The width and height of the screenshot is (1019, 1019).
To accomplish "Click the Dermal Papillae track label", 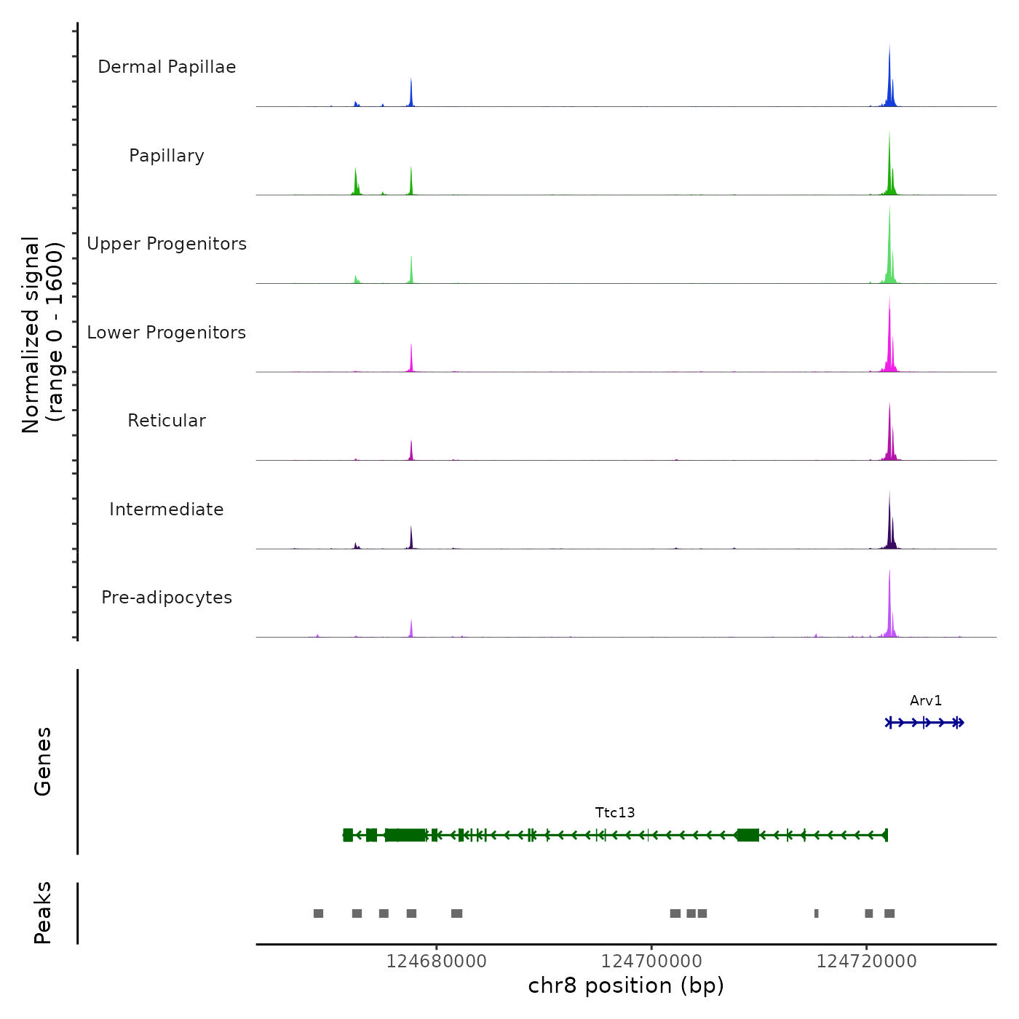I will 167,67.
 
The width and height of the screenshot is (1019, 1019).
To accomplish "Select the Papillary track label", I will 167,156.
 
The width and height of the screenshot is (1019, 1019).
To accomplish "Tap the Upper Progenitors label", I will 167,244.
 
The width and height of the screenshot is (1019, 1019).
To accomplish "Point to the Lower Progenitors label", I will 167,333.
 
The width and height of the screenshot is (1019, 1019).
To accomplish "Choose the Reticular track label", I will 167,421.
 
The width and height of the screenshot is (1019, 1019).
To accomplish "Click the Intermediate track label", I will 167,509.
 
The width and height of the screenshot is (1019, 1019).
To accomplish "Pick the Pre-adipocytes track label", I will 167,598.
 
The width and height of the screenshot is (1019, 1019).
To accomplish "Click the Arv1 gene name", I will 926,701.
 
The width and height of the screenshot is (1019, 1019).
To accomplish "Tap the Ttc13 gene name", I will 615,813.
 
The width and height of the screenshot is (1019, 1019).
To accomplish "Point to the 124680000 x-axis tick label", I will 437,961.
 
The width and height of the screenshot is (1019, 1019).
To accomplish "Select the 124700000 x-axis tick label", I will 651,961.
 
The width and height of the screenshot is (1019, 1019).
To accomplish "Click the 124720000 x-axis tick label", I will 866,961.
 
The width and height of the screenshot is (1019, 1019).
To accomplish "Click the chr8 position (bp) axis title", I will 626,986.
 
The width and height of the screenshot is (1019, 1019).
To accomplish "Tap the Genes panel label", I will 43,761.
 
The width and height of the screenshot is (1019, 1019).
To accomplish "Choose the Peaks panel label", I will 43,913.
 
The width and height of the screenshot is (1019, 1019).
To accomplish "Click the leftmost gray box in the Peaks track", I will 318,913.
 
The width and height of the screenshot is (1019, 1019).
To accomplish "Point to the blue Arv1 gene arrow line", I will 924,723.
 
